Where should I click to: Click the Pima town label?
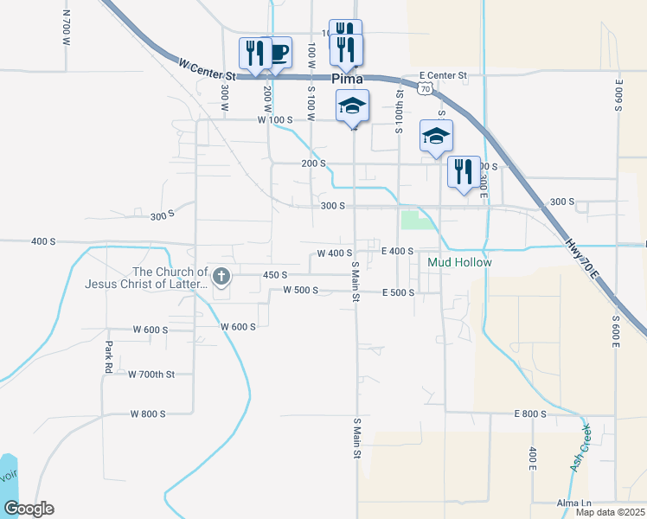[x=348, y=79]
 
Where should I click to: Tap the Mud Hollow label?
[x=459, y=262]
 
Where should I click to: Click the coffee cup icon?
[x=278, y=51]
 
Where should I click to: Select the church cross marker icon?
[x=221, y=277]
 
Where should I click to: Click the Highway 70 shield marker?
[x=424, y=88]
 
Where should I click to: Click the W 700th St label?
[x=151, y=375]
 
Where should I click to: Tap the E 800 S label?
[x=530, y=414]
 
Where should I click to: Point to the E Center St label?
[x=443, y=76]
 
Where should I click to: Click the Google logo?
[x=28, y=509]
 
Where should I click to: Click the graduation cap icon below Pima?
[x=352, y=106]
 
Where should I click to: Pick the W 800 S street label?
[x=148, y=414]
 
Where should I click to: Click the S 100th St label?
[x=400, y=113]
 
